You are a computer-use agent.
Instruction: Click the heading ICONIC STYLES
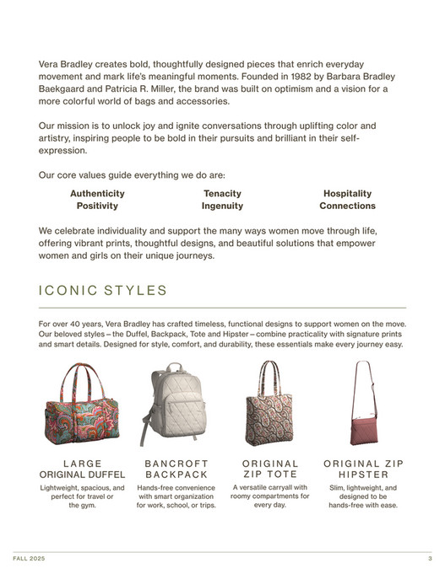[103, 291]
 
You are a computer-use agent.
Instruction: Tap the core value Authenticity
[97, 193]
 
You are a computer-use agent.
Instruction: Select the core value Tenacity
[222, 193]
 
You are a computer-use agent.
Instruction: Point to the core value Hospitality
[347, 193]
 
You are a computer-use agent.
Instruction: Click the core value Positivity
[97, 206]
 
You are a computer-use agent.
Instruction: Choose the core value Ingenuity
[222, 206]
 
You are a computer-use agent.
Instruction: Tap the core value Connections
[347, 206]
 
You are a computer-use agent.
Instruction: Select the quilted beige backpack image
[176, 405]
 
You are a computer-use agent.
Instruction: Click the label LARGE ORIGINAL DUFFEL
[84, 469]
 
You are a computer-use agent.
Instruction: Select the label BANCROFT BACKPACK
[176, 469]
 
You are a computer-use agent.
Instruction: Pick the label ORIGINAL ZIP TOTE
[270, 469]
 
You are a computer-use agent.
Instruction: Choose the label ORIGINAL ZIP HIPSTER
[363, 469]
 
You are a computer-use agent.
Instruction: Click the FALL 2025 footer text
[29, 560]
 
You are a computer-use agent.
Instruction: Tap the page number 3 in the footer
[430, 560]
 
